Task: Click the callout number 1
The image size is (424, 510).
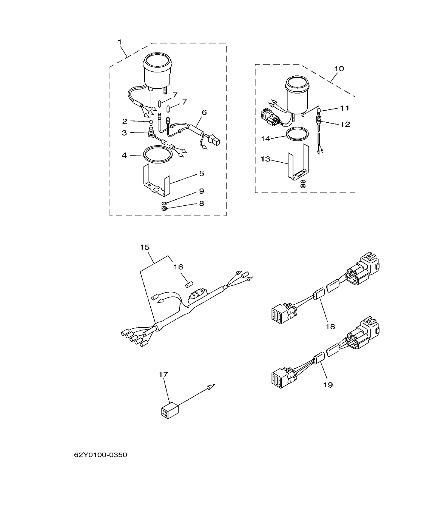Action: (120, 42)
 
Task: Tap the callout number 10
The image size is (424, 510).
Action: (339, 69)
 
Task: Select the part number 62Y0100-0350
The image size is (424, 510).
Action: (100, 455)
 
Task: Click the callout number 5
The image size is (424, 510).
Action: (202, 173)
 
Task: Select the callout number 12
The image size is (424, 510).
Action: (345, 124)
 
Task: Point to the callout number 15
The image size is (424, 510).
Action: (145, 247)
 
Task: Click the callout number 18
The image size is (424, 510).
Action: (330, 326)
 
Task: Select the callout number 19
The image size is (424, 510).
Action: (328, 385)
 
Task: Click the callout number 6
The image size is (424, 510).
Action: (204, 112)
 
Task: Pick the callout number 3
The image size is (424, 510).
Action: (124, 133)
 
